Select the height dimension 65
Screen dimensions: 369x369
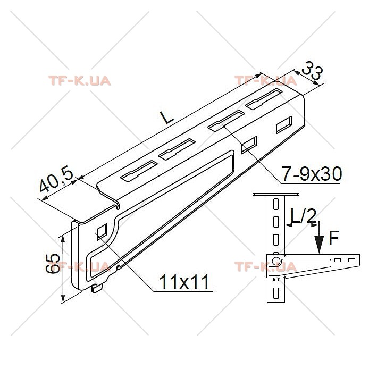coord(53,264)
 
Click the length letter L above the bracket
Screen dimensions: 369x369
coord(166,117)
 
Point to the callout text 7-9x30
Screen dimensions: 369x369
coord(312,174)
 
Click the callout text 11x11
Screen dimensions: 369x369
coord(184,282)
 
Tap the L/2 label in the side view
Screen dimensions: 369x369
coord(304,215)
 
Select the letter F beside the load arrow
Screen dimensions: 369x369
coord(334,238)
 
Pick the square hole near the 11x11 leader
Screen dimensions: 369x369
coord(102,232)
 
